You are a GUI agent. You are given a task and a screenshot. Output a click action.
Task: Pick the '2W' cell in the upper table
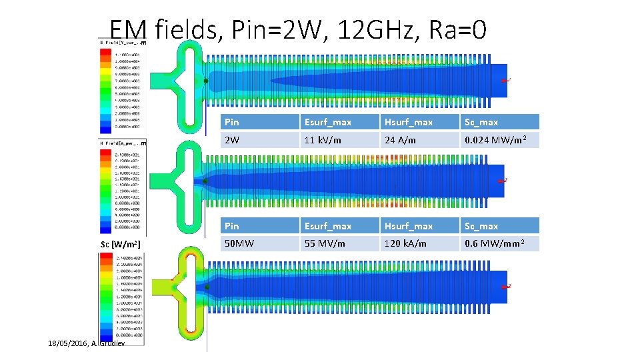coord(232,140)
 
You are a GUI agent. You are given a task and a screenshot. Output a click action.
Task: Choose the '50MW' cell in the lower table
coord(238,243)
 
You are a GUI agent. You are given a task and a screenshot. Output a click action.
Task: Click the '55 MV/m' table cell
coord(325,243)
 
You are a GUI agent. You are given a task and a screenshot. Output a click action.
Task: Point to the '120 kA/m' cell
coord(405,243)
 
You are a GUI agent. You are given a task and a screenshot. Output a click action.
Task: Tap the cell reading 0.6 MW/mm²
coord(493,243)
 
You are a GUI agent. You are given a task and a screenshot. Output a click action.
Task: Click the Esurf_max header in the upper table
coord(327,122)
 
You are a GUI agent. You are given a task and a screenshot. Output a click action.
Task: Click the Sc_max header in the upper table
coord(481,122)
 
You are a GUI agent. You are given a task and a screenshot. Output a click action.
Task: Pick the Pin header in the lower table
coord(231,226)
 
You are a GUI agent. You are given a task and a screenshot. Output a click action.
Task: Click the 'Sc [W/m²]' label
coord(120,244)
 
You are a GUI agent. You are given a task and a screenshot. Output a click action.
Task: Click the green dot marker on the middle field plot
coord(205,181)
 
